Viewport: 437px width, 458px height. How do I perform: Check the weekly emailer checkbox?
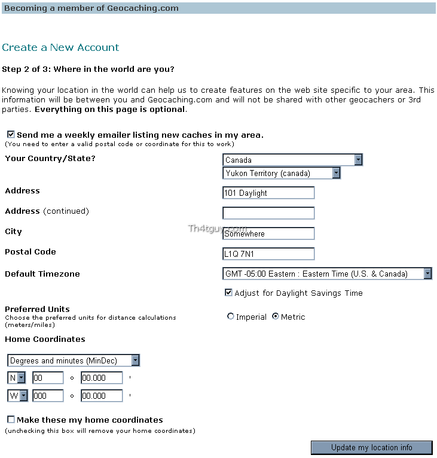click(11, 135)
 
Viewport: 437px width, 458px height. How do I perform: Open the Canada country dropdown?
click(293, 160)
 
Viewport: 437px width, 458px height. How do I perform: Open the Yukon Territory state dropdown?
click(282, 173)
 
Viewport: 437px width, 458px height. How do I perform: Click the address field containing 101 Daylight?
click(268, 193)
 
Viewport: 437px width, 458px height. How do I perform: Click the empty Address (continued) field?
click(268, 213)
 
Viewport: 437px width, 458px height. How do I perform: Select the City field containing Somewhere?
click(268, 233)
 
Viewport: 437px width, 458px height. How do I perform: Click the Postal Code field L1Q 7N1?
click(268, 254)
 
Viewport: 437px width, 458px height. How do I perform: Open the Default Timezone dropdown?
click(327, 274)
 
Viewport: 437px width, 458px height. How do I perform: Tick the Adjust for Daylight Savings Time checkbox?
click(228, 293)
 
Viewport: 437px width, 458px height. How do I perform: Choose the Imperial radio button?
click(231, 317)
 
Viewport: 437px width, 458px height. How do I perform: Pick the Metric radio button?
click(276, 317)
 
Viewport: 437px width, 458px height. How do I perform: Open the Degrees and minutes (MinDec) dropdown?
click(74, 360)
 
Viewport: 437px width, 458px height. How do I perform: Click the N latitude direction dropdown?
click(17, 378)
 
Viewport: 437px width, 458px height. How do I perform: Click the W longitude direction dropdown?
click(17, 396)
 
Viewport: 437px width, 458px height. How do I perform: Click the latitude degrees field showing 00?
click(47, 378)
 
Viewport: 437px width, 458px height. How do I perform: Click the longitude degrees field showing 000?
click(47, 396)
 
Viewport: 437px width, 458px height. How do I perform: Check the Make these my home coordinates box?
click(11, 420)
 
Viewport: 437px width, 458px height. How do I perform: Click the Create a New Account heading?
click(60, 47)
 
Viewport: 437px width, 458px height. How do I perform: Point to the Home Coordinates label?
click(45, 339)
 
